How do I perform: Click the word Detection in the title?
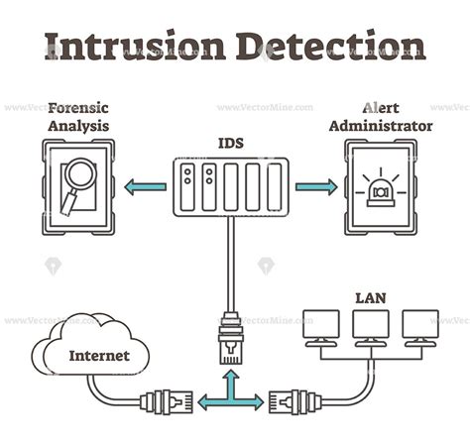coord(331,45)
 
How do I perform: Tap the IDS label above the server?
coord(230,143)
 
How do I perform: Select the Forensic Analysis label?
coord(77,117)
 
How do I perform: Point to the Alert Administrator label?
coord(381,117)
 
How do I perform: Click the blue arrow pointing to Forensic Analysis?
coord(145,185)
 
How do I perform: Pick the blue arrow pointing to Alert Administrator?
coord(316,185)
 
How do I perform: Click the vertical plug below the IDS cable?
coord(230,336)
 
